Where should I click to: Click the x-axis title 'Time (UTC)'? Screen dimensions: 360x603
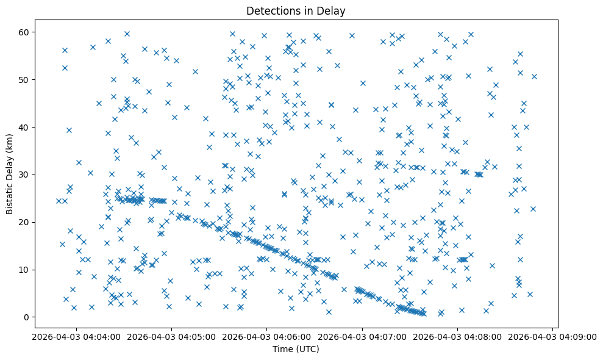[x=295, y=349]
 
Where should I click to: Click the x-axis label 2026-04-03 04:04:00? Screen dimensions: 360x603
[x=76, y=337]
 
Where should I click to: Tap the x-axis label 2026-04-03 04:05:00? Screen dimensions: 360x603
[x=171, y=337]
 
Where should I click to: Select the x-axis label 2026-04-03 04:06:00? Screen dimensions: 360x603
[x=266, y=337]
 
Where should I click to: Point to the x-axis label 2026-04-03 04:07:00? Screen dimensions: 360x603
[x=362, y=337]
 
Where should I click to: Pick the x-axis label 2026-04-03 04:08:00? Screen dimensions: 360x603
[x=457, y=337]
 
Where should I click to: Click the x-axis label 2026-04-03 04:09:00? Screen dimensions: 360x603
[x=553, y=337]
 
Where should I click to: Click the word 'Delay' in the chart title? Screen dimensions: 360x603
[x=332, y=10]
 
